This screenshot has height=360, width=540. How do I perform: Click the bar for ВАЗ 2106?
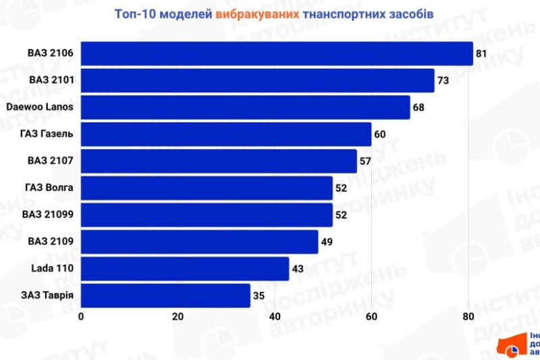tap(277, 53)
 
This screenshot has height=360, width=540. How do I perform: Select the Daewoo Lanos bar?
tap(246, 107)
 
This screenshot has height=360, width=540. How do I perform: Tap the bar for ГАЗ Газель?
tap(226, 134)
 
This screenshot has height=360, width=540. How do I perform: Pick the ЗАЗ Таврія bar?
tap(165, 295)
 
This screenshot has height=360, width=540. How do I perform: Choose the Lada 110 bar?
tap(185, 268)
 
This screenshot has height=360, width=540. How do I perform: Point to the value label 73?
tap(443, 80)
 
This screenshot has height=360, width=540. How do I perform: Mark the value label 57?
tap(365, 161)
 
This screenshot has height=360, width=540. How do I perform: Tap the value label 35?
tap(259, 295)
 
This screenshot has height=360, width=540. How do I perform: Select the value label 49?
tap(327, 241)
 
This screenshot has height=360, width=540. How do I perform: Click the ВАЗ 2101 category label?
tap(51, 80)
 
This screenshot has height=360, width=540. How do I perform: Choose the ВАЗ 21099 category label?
tap(48, 215)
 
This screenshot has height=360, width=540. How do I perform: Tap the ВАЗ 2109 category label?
tap(51, 241)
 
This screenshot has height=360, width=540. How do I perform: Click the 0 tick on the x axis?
tap(81, 317)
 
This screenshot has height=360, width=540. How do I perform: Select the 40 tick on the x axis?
tap(275, 317)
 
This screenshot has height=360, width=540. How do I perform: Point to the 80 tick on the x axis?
tap(468, 317)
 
